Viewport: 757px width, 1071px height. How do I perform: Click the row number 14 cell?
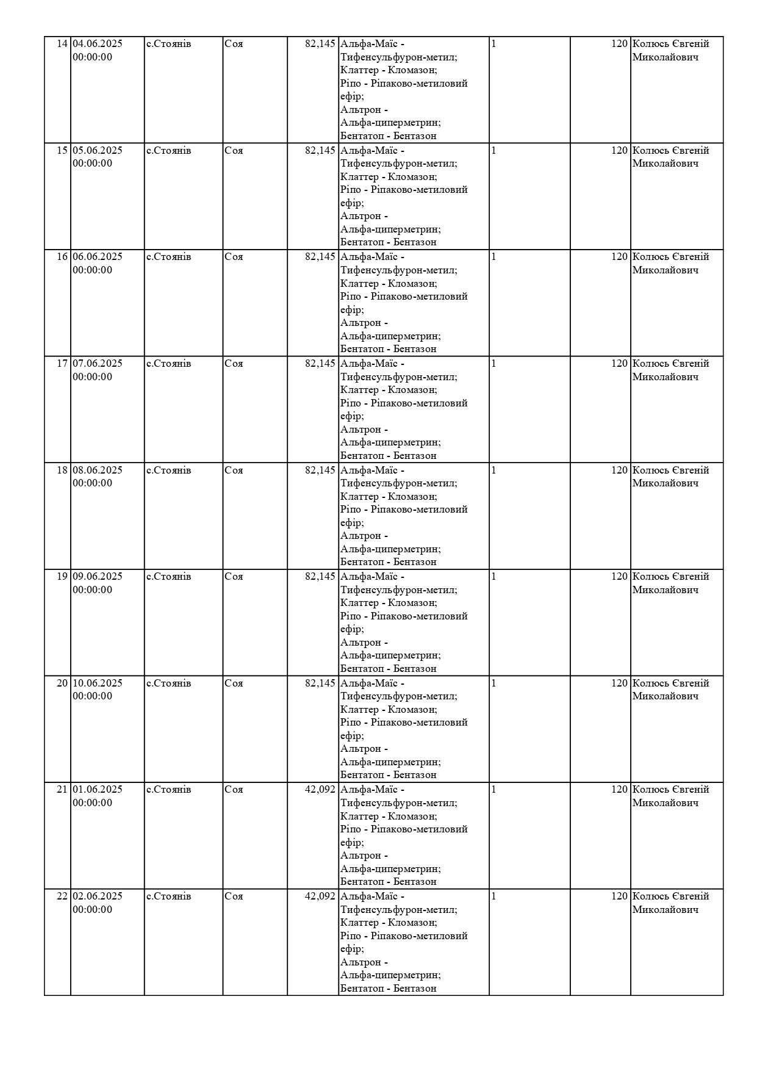point(62,44)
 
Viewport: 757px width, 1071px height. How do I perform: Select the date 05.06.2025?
point(98,151)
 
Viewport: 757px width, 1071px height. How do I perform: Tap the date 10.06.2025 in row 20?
point(98,683)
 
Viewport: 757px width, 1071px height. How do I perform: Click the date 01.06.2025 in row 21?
point(98,790)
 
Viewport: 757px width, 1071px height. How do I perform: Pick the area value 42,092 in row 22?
point(320,896)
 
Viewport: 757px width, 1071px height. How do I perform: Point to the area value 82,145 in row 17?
point(320,364)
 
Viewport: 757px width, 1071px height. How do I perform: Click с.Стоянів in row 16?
point(168,257)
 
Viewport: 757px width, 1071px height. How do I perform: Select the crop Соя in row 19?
point(234,577)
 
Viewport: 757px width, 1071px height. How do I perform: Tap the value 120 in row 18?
point(619,471)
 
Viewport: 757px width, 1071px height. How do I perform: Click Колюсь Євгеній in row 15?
point(670,151)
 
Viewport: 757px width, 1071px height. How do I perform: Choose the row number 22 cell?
point(62,896)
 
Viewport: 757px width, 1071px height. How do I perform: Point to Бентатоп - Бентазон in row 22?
point(388,989)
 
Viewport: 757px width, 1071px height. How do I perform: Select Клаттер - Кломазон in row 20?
point(388,710)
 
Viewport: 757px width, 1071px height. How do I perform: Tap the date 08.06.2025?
point(98,471)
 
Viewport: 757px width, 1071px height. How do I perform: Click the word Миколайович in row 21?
point(665,803)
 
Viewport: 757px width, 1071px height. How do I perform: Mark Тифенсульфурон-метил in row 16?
point(398,270)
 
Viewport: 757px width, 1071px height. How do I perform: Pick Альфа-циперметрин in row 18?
point(390,549)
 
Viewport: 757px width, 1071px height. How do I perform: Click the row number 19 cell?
point(62,577)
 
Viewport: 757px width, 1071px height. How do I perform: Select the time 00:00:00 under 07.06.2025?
point(92,377)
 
